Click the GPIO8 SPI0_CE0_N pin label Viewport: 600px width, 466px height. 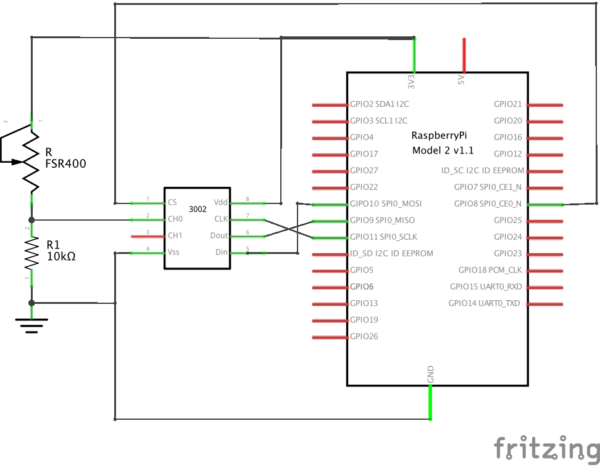tap(488, 203)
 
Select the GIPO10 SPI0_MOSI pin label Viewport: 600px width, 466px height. tap(386, 203)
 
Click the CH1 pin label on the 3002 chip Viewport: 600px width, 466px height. tap(175, 235)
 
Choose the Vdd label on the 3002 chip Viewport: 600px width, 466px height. tap(220, 202)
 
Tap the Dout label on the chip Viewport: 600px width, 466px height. tap(219, 235)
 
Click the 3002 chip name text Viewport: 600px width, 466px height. tap(198, 209)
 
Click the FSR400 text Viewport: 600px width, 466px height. tap(65, 164)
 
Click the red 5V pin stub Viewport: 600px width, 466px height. tap(464, 55)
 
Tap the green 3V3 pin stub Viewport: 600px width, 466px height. tap(414, 55)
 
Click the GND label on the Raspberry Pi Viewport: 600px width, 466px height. tap(430, 374)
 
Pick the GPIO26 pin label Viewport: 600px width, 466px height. tap(364, 337)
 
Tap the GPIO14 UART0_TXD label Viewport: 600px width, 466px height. tap(485, 303)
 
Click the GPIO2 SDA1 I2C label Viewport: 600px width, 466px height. tap(379, 104)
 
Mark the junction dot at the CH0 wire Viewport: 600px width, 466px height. tap(31, 219)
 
